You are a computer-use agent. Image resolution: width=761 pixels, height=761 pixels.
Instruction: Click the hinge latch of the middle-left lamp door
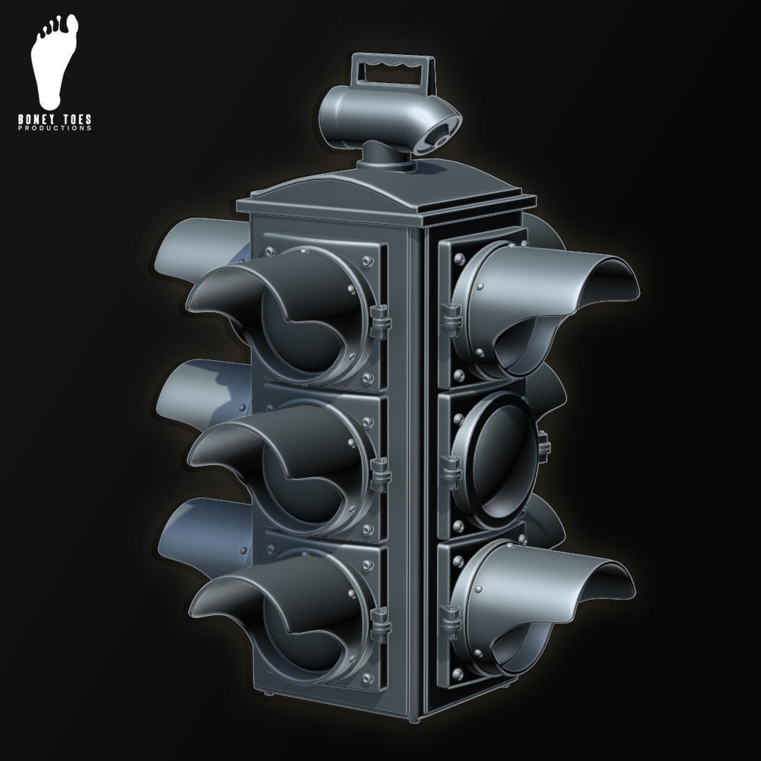(x=380, y=470)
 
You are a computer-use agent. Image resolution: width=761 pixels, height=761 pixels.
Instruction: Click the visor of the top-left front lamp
(x=233, y=296)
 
